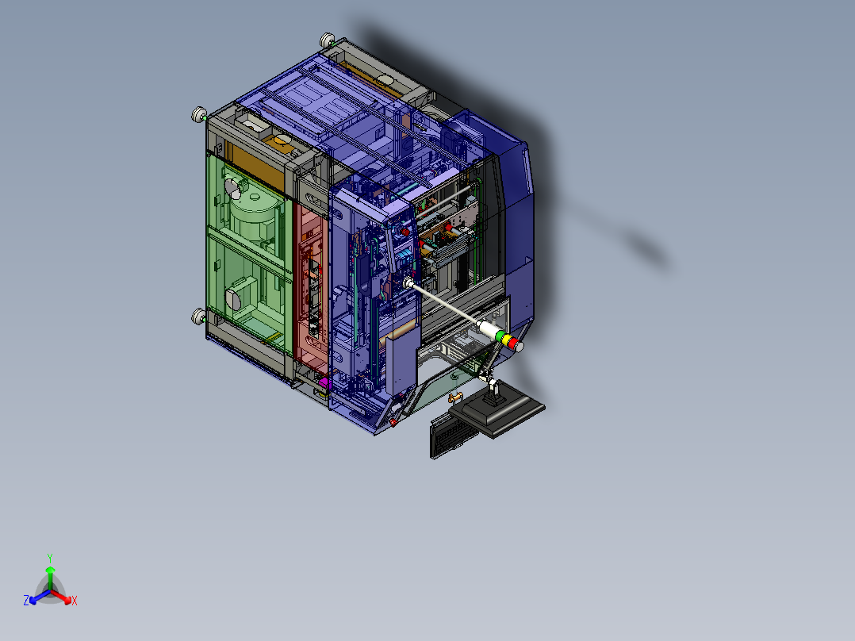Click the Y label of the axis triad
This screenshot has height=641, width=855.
(49, 557)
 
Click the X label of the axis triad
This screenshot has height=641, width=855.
(75, 601)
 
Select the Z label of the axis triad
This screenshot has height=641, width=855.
(26, 601)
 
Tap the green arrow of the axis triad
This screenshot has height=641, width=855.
(50, 573)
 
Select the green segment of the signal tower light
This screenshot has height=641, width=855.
(500, 336)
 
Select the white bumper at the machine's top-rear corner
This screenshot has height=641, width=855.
(327, 40)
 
